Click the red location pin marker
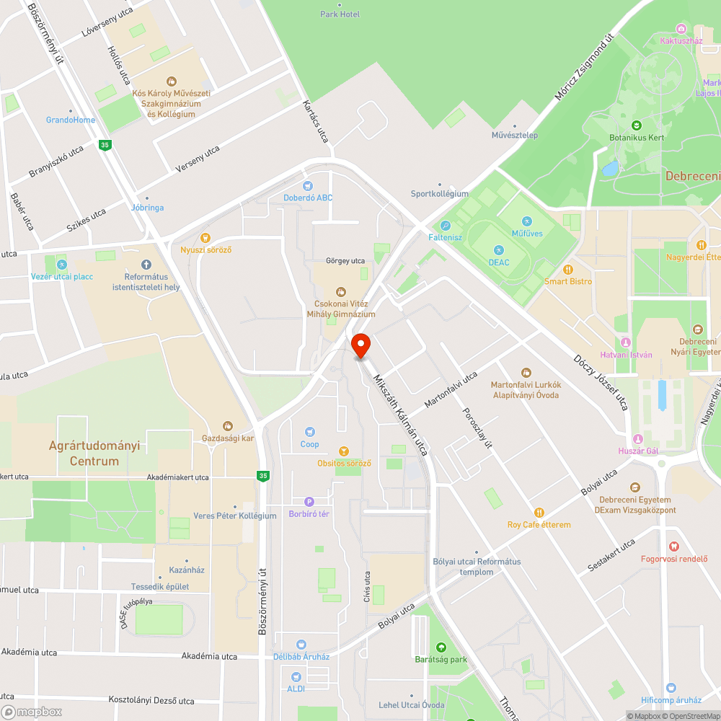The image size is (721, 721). click(360, 345)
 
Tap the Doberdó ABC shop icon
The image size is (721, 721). click(308, 186)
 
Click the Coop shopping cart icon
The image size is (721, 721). click(309, 431)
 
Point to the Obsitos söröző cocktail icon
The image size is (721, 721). click(344, 451)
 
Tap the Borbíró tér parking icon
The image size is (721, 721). click(309, 502)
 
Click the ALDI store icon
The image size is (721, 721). click(296, 677)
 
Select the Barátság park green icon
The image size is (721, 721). click(441, 647)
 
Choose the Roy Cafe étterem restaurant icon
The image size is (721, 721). click(539, 513)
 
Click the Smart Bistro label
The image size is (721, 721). click(568, 281)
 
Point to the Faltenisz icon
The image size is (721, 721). click(446, 226)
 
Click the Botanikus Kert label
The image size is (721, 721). click(637, 137)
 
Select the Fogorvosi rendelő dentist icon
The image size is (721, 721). click(674, 546)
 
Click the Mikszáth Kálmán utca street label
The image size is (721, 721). click(401, 415)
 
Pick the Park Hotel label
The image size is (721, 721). click(340, 14)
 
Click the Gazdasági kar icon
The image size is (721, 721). click(228, 426)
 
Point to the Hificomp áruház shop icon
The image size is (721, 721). click(671, 688)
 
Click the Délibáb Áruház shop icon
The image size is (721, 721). click(301, 645)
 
